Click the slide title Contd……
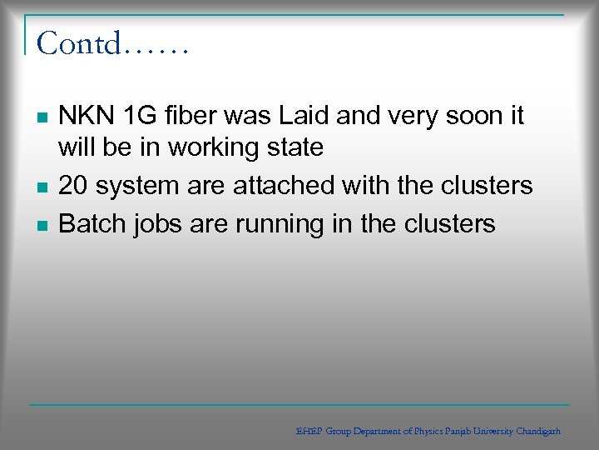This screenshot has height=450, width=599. pyautogui.click(x=112, y=42)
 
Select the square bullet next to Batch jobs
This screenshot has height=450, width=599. pyautogui.click(x=42, y=224)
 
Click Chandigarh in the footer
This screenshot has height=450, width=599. pyautogui.click(x=538, y=432)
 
